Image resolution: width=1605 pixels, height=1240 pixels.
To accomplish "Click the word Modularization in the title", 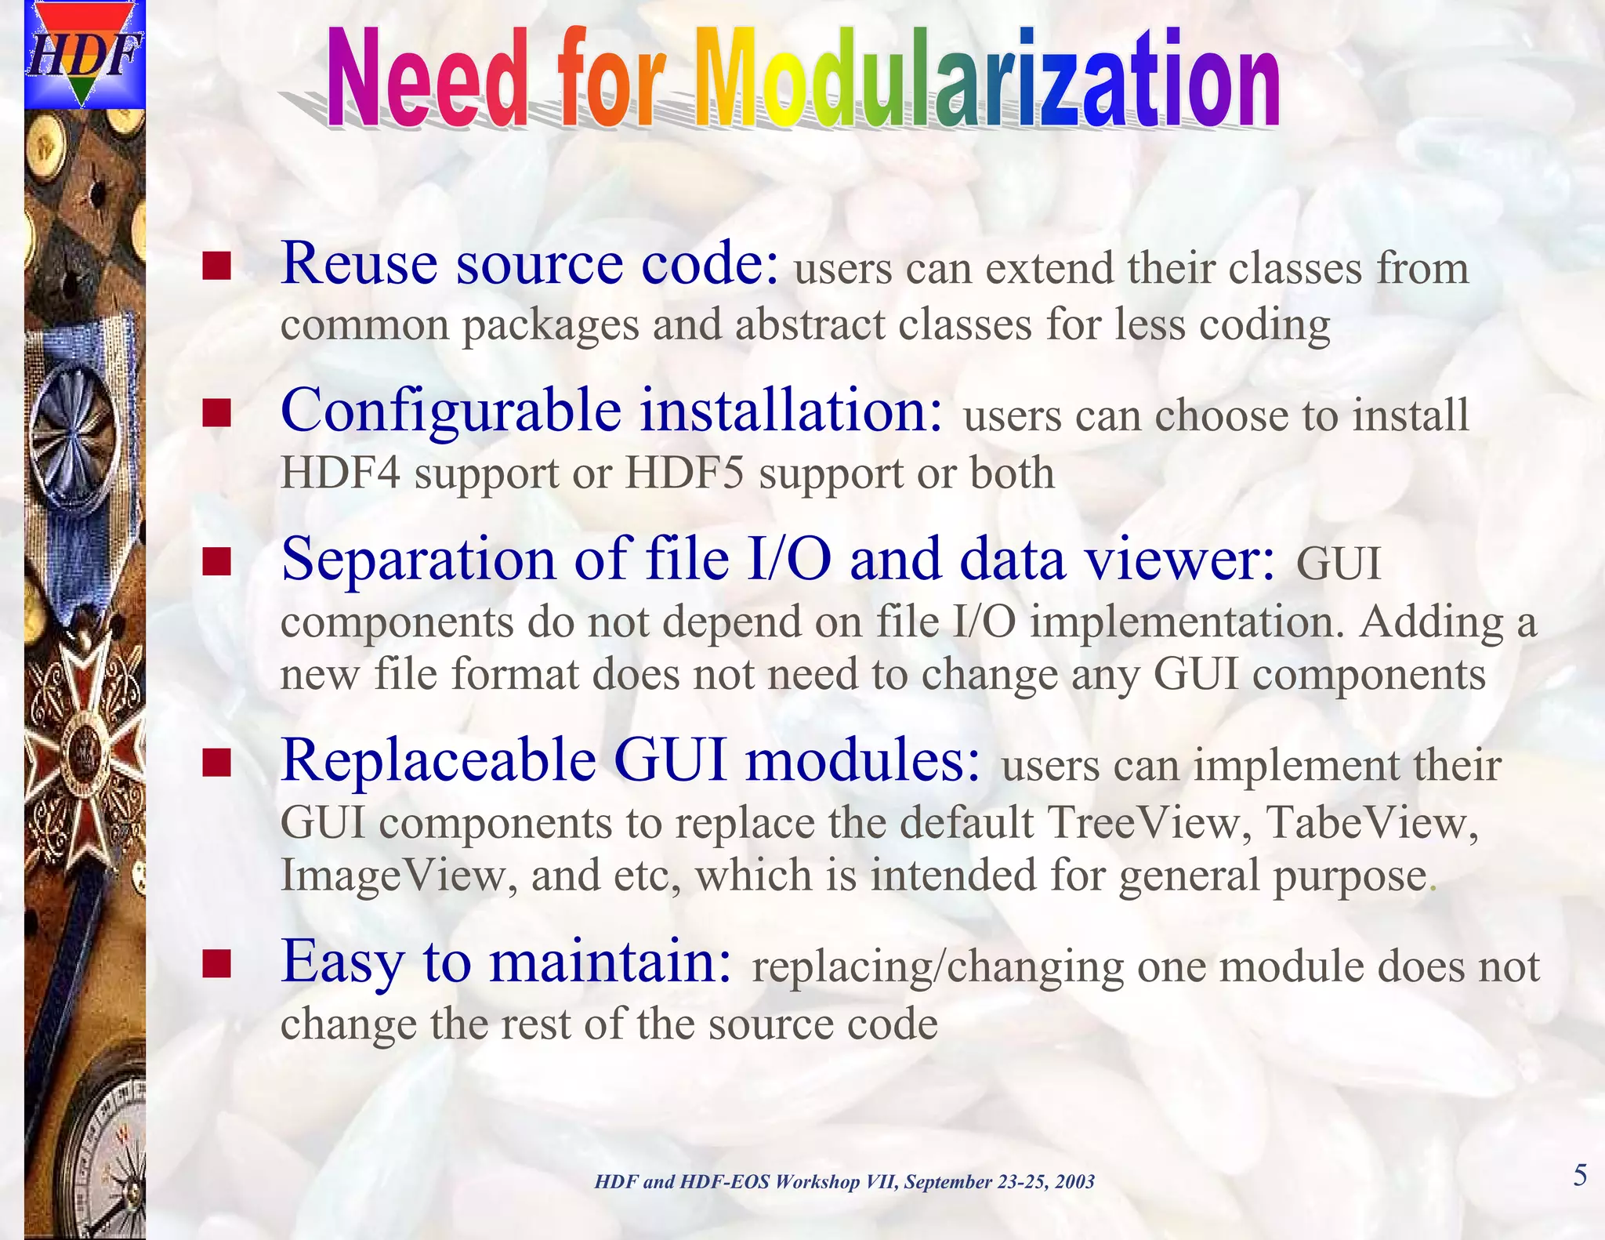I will coord(987,78).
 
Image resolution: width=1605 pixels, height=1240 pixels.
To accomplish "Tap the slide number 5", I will coord(1580,1176).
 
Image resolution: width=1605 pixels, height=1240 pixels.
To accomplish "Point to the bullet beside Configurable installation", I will coord(216,412).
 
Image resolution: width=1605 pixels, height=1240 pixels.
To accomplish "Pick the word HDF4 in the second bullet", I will coord(340,473).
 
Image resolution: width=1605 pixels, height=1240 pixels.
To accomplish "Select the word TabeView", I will coord(1372,822).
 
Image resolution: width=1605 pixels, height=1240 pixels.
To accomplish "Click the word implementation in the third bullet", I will coord(1181,622).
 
